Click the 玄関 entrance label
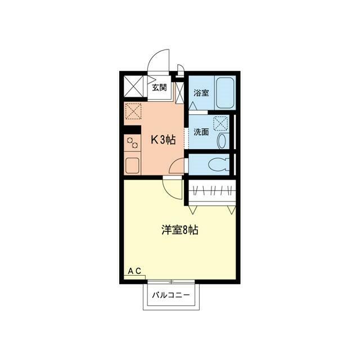coord(159,87)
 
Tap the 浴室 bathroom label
coord(201,92)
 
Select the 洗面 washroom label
coord(201,133)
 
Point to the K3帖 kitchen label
coord(161,140)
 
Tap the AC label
coord(134,271)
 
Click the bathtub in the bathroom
coord(224,92)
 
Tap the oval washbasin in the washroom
coord(222,141)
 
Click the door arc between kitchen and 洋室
coord(171,186)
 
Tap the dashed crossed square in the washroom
coord(221,123)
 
